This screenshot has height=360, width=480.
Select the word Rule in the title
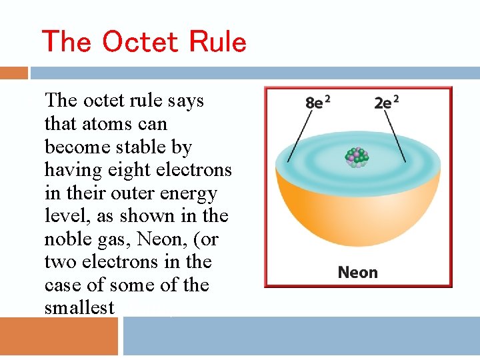[x=217, y=41]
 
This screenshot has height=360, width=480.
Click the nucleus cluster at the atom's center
[x=357, y=157]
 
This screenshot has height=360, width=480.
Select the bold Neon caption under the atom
[x=357, y=272]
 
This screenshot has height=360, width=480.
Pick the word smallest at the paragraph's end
[x=79, y=308]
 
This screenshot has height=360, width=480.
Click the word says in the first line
[x=187, y=101]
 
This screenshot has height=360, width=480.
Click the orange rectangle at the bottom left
[x=59, y=336]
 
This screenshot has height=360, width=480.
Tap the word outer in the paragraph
[x=131, y=193]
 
